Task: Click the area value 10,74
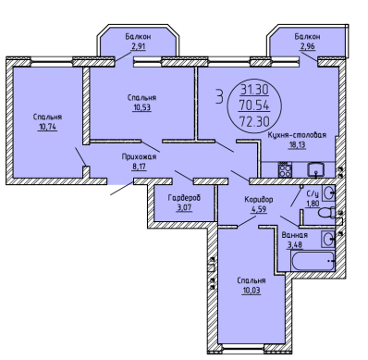click(47, 127)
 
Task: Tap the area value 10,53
click(141, 107)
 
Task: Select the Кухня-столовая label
click(297, 135)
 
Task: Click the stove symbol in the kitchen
click(285, 170)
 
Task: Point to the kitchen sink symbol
click(315, 169)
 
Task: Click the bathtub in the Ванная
click(313, 261)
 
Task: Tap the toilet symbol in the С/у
click(326, 214)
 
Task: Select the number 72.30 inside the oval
click(253, 122)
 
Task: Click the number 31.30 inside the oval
click(254, 91)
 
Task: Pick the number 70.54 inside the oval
click(253, 106)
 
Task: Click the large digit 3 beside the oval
click(219, 96)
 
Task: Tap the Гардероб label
click(184, 197)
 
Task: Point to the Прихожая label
click(139, 157)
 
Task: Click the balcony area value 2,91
click(138, 46)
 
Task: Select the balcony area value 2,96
click(307, 47)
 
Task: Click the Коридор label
click(259, 200)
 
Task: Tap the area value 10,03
click(251, 291)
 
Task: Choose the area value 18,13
click(297, 145)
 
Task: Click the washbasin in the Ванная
click(328, 239)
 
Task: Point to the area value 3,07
click(184, 207)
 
